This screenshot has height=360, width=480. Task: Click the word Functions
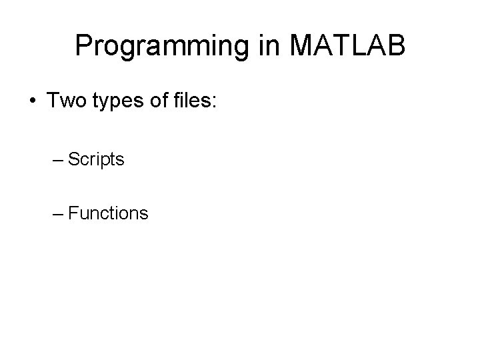[x=108, y=213]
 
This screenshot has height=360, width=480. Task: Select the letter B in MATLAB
[x=395, y=45]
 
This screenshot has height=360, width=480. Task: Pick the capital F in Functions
[x=73, y=213]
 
